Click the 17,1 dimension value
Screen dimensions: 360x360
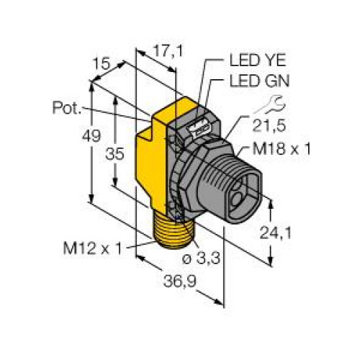(168, 51)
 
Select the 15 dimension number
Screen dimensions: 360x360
(101, 63)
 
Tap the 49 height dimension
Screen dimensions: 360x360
(91, 136)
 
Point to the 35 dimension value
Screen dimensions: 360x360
(115, 153)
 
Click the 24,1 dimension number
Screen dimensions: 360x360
(276, 233)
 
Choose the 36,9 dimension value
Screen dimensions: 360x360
(180, 281)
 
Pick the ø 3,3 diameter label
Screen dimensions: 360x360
(201, 258)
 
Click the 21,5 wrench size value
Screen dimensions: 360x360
(269, 125)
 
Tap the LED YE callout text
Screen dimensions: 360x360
(258, 60)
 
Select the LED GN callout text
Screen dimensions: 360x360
(259, 81)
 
